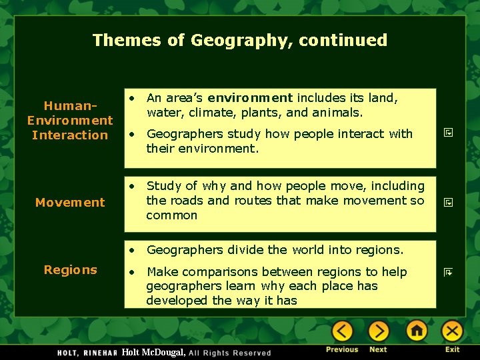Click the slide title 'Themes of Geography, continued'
tap(240, 40)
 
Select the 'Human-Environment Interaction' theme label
tap(70, 121)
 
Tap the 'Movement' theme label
tap(70, 203)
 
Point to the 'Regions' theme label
tap(70, 270)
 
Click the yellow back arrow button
tap(343, 331)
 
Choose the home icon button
tap(417, 331)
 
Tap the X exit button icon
tap(452, 331)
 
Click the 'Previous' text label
tap(342, 349)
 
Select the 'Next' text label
tap(378, 349)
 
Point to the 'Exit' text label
tap(453, 349)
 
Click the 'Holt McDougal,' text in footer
tap(154, 352)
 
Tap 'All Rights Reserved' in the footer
tap(230, 353)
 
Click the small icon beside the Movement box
tap(449, 201)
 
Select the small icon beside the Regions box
tap(449, 272)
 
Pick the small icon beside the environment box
tap(449, 133)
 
